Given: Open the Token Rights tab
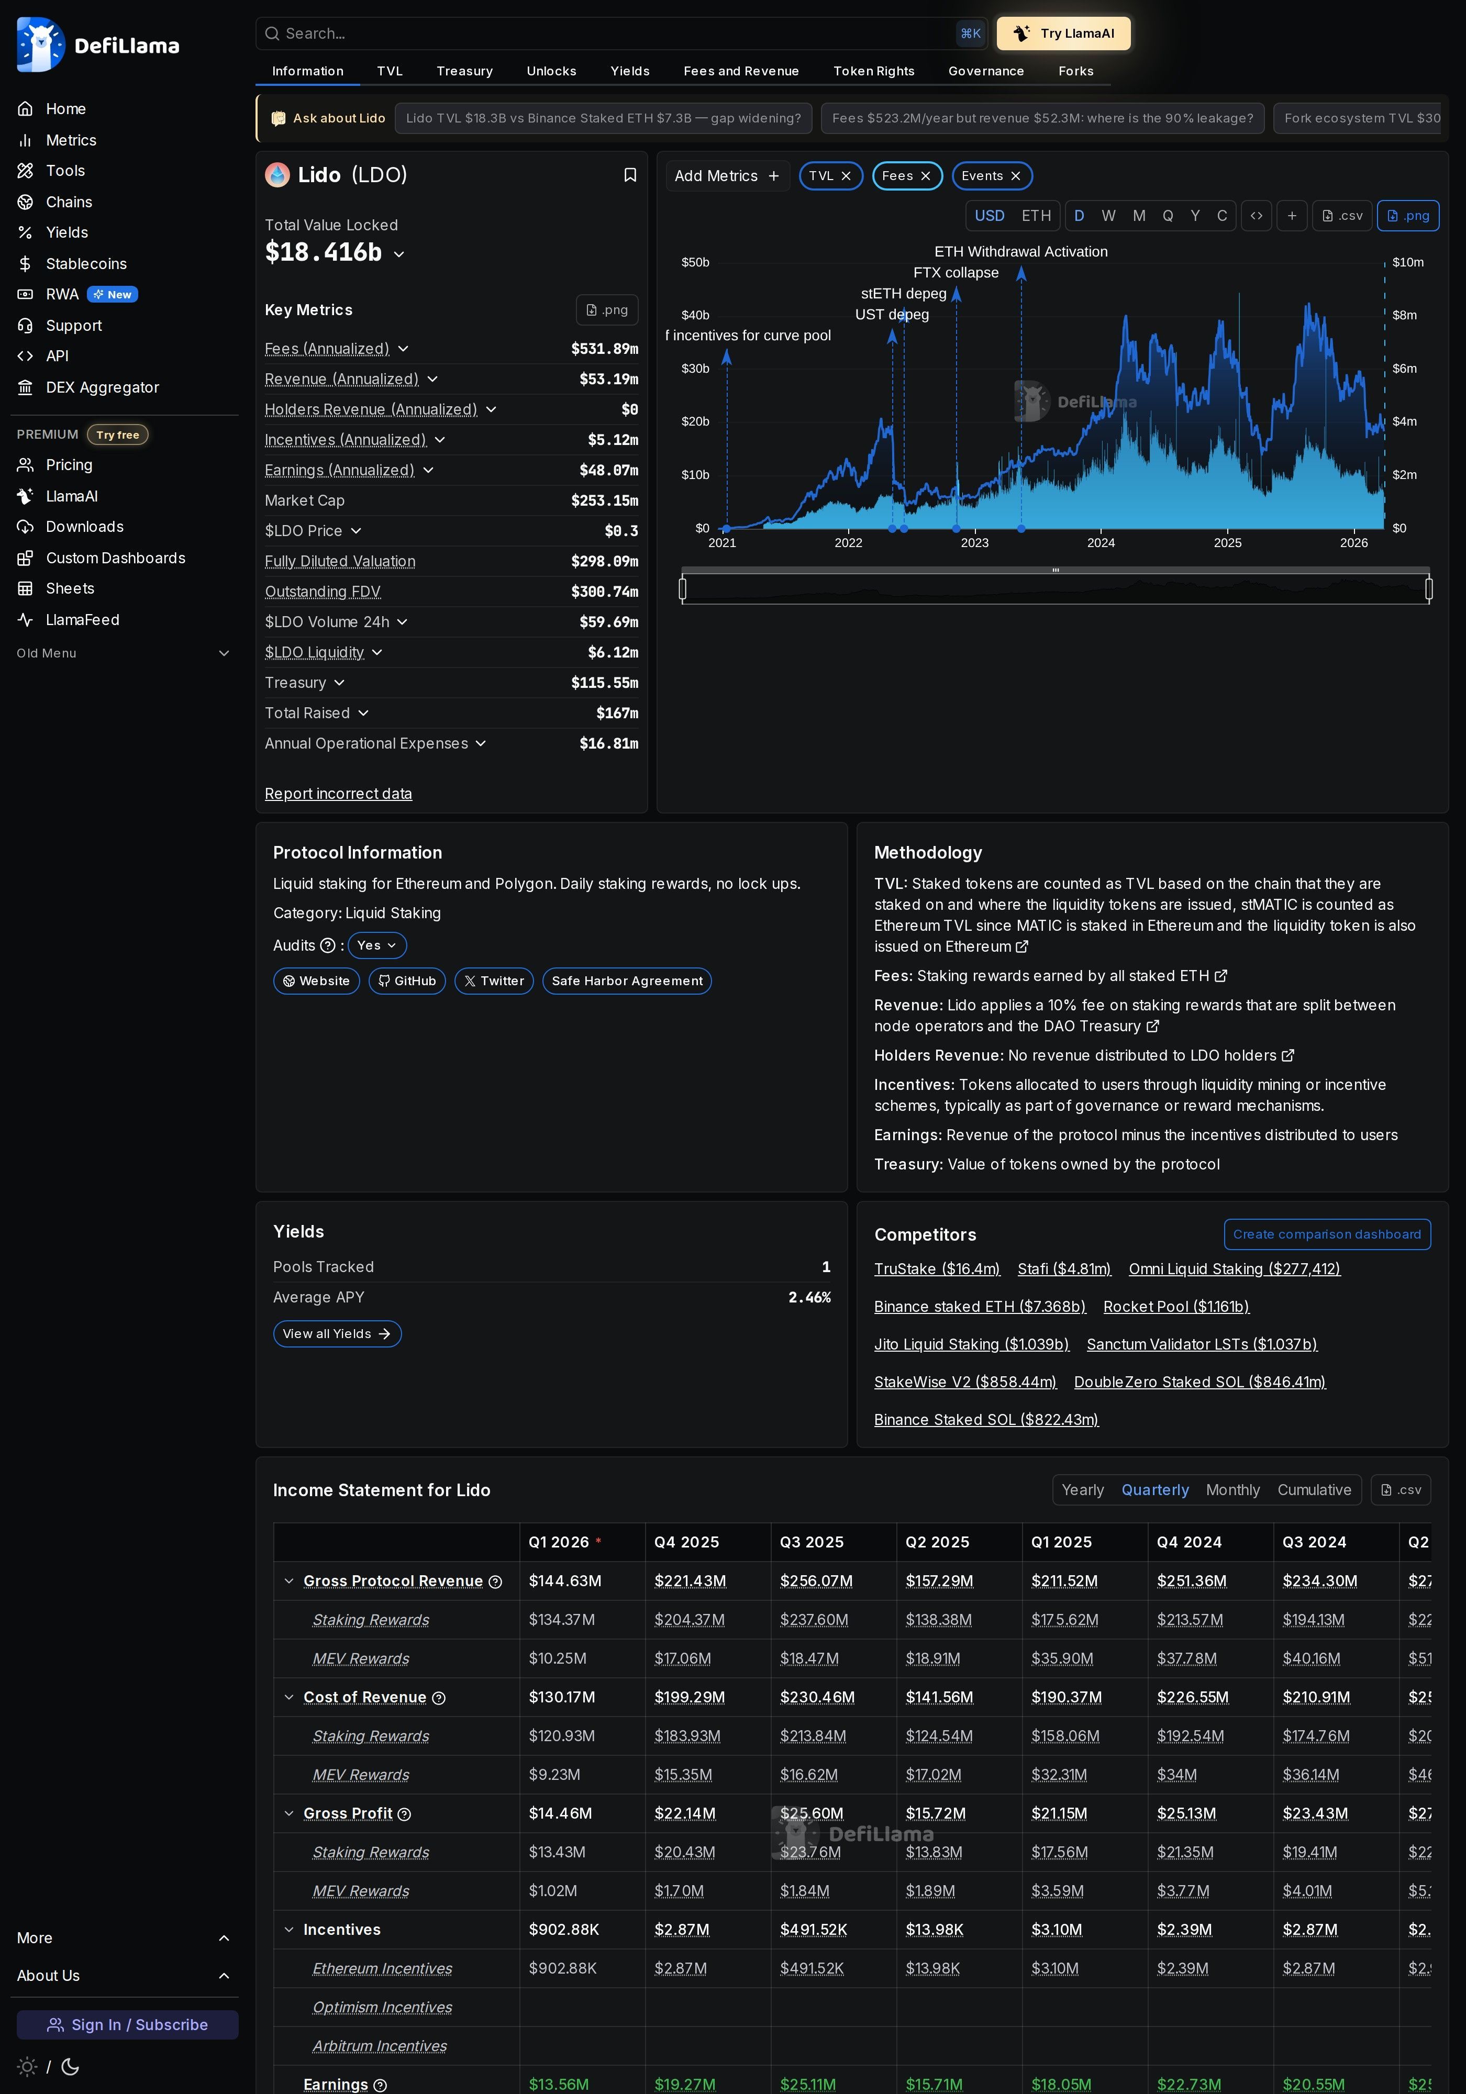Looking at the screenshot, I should [873, 71].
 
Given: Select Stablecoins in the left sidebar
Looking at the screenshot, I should [86, 263].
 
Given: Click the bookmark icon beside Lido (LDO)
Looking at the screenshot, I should [629, 175].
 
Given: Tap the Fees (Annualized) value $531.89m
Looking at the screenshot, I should [604, 349].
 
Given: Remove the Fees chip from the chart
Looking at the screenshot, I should [925, 176].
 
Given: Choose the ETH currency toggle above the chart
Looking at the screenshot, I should [1036, 216].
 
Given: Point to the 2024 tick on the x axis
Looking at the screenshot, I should [1100, 543].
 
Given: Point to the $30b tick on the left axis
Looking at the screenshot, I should [695, 369].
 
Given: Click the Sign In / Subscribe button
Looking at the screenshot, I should [128, 2025].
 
